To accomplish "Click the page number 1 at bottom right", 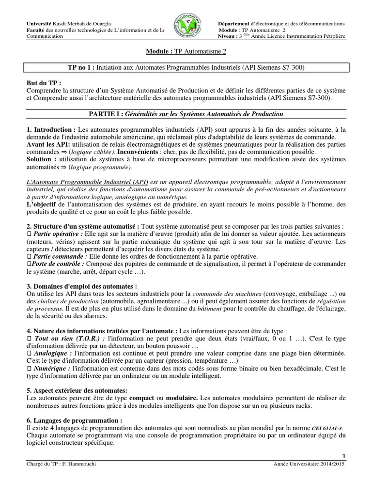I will tap(344, 456).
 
